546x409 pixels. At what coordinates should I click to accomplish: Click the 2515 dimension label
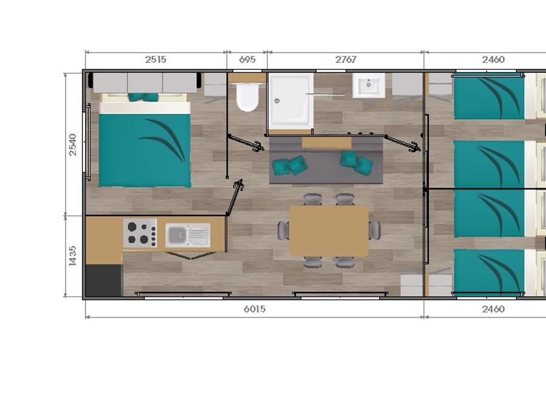(156, 59)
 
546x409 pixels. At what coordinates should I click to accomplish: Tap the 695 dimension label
(248, 59)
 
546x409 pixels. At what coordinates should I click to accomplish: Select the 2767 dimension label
(346, 59)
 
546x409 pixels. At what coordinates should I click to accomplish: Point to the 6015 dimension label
(255, 309)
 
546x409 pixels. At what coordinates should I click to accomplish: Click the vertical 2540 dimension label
(73, 145)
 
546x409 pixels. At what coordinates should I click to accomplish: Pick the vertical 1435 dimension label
(73, 256)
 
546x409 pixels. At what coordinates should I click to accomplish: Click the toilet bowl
(248, 96)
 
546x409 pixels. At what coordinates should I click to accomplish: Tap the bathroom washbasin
(369, 85)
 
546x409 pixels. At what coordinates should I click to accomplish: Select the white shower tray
(291, 101)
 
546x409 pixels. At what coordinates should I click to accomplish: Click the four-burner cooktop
(140, 233)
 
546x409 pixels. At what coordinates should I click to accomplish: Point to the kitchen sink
(187, 235)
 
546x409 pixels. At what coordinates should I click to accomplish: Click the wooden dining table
(329, 231)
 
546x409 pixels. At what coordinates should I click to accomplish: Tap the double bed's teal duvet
(145, 150)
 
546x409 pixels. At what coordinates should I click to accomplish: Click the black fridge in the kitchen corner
(104, 281)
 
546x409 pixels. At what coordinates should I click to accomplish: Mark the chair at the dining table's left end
(283, 231)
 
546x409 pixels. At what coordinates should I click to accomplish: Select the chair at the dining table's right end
(375, 231)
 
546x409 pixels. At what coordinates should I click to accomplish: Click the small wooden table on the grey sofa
(326, 143)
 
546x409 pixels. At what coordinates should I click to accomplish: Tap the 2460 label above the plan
(493, 59)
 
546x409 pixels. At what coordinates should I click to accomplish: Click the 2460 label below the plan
(493, 309)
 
